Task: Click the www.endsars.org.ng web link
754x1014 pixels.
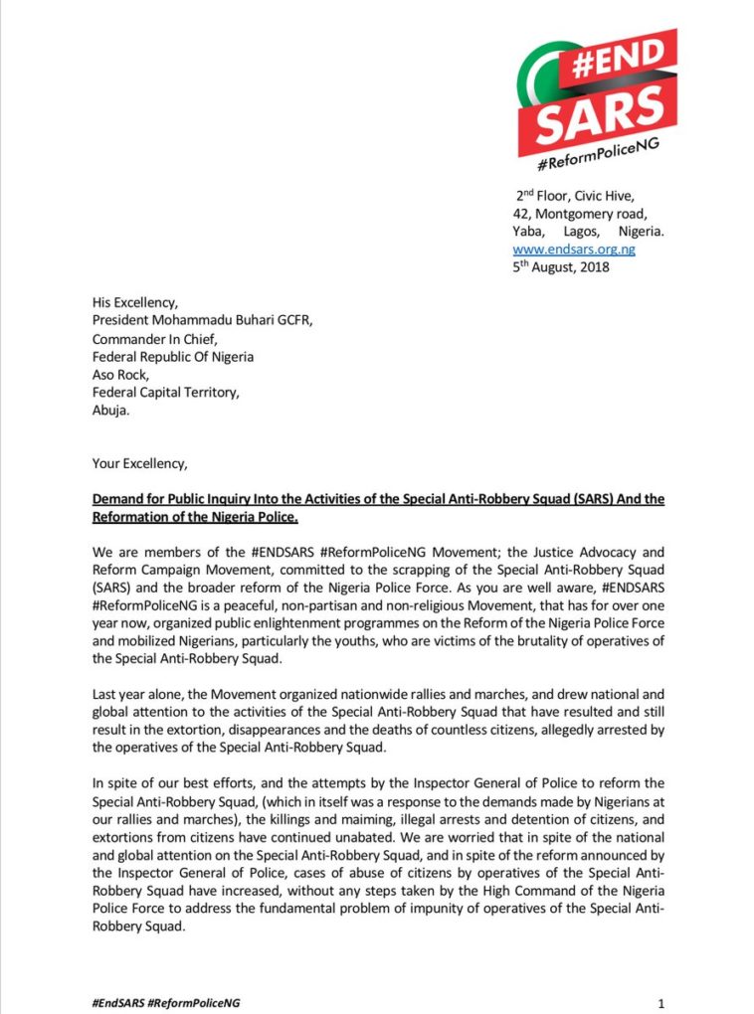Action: (x=574, y=249)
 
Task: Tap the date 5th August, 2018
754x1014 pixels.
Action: (x=561, y=266)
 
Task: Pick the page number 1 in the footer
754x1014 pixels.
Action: (x=660, y=1002)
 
